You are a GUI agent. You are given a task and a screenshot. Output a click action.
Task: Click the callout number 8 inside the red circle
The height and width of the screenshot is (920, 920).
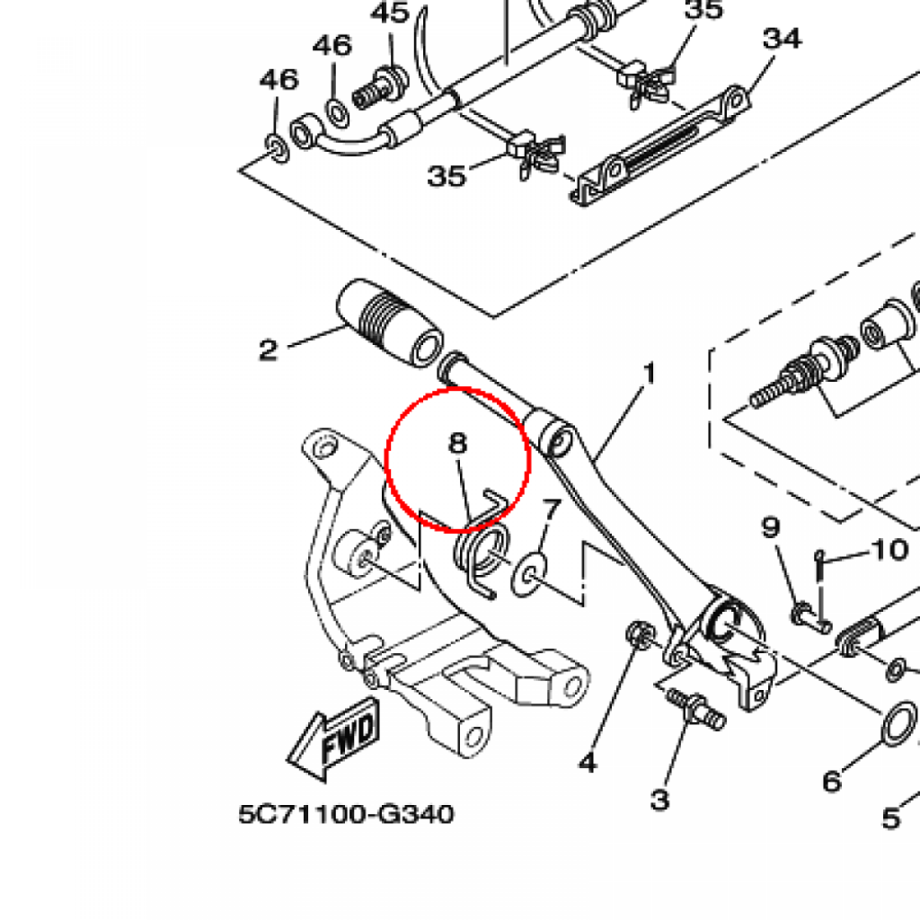tap(457, 443)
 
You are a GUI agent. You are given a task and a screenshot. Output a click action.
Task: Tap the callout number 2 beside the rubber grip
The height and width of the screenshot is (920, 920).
tap(268, 350)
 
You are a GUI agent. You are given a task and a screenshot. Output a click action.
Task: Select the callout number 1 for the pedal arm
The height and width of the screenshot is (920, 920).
tap(649, 374)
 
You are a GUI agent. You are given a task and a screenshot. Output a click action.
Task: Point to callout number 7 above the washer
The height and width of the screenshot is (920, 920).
tap(552, 510)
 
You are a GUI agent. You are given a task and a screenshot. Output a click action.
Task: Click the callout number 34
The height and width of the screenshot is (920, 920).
tap(783, 39)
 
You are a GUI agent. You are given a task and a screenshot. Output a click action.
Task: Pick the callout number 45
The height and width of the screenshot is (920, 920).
tap(390, 13)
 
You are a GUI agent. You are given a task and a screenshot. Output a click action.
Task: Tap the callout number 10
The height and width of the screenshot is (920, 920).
tap(890, 551)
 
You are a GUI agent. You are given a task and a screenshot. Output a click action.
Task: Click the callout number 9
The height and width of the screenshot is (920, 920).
tap(770, 526)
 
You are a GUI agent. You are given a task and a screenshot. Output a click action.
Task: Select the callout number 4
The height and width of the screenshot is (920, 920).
tap(588, 763)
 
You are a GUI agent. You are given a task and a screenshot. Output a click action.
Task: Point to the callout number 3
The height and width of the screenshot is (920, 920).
tap(660, 799)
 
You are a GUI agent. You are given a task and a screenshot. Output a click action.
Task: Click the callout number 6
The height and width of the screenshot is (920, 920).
tap(832, 782)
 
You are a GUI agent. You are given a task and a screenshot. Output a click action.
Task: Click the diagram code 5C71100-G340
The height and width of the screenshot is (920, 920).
tap(346, 814)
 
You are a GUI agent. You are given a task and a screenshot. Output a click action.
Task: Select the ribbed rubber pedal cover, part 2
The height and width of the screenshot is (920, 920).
tap(390, 323)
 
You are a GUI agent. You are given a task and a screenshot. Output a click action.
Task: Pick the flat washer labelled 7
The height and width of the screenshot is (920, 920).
tap(529, 574)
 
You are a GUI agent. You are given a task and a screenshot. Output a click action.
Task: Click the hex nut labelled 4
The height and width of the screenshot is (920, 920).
tap(639, 635)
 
